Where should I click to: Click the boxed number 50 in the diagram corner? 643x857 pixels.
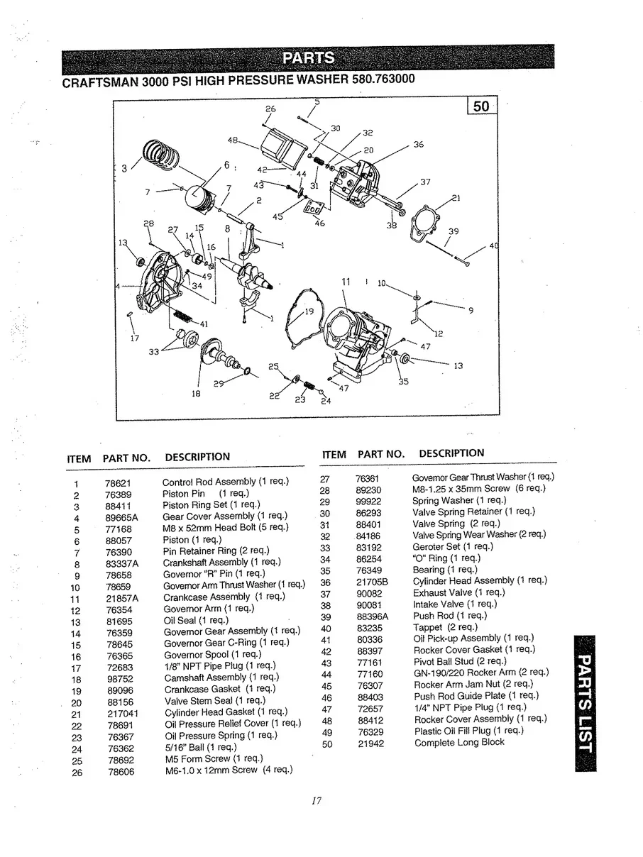pyautogui.click(x=483, y=107)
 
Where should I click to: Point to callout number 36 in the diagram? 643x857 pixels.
pyautogui.click(x=418, y=145)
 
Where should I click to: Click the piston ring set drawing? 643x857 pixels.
pyautogui.click(x=163, y=154)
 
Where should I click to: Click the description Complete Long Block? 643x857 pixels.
pyautogui.click(x=459, y=742)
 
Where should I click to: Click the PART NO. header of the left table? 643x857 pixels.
pyautogui.click(x=126, y=458)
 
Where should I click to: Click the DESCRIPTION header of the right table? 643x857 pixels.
pyautogui.click(x=451, y=453)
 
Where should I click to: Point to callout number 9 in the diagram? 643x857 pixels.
pyautogui.click(x=471, y=309)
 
